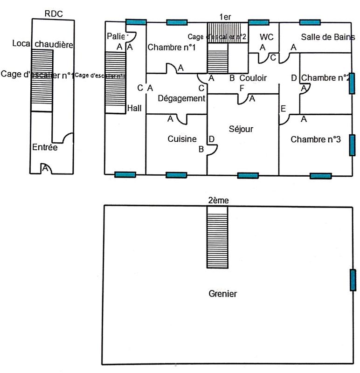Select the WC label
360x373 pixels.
pyautogui.click(x=267, y=37)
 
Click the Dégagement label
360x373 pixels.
pyautogui.click(x=181, y=98)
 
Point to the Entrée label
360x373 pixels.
pyautogui.click(x=45, y=147)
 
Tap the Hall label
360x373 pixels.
pyautogui.click(x=134, y=108)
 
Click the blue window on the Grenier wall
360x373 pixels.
pyautogui.click(x=353, y=280)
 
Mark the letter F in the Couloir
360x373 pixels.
pyautogui.click(x=242, y=88)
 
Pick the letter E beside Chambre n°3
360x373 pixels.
pyautogui.click(x=283, y=109)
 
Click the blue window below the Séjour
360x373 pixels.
pyautogui.click(x=248, y=175)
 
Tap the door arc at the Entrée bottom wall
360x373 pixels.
pyautogui.click(x=46, y=168)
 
